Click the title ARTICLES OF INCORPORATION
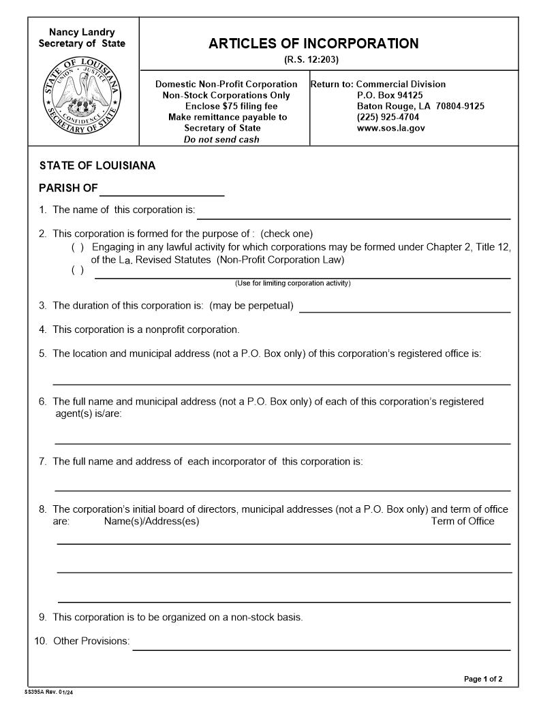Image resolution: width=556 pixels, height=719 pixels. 313,44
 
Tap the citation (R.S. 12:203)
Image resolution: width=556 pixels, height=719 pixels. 311,60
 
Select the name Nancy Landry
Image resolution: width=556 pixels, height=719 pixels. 82,32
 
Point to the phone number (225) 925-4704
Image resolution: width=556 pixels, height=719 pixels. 388,117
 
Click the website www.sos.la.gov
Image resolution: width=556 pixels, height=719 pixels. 390,128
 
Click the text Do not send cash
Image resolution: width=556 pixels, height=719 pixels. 221,140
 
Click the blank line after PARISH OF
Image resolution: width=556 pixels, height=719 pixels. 161,190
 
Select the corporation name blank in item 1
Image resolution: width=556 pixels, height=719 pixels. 353,213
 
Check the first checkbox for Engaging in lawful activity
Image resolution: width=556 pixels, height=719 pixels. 78,247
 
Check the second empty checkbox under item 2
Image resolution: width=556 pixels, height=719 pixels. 78,270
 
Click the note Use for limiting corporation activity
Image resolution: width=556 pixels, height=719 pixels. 292,283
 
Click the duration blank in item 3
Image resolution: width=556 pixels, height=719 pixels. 405,306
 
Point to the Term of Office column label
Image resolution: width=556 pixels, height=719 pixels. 462,522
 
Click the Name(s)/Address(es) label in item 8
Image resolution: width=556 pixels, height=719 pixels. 151,522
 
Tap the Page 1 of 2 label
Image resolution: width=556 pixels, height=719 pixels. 483,679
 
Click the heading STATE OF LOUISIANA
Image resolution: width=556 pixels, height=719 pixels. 97,165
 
